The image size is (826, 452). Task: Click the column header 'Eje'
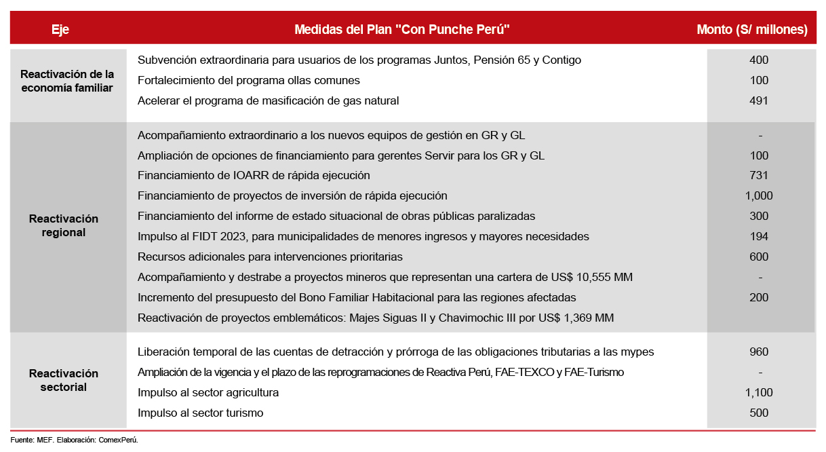coord(60,29)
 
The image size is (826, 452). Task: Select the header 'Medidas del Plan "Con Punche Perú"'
coord(401,29)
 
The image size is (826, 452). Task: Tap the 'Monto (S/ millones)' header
coord(752,29)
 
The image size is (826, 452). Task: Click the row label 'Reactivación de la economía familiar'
coord(67,81)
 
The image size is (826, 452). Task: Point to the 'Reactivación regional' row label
coord(64,225)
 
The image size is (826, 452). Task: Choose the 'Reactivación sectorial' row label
coord(64,380)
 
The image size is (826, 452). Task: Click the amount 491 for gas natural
coord(759,100)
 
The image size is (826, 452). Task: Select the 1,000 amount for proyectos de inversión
coord(759,195)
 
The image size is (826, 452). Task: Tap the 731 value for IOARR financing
coord(759,175)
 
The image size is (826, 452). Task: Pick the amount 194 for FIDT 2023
coord(759,236)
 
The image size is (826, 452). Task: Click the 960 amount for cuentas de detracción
coord(759,352)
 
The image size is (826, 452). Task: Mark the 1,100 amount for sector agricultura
coord(759,392)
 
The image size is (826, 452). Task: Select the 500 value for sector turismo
coord(759,413)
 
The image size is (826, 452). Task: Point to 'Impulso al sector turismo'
coord(200,413)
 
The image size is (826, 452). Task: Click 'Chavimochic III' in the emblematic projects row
coord(486,318)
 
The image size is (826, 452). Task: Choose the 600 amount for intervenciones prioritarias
coord(759,257)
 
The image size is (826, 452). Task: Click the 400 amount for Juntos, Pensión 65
coord(759,60)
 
